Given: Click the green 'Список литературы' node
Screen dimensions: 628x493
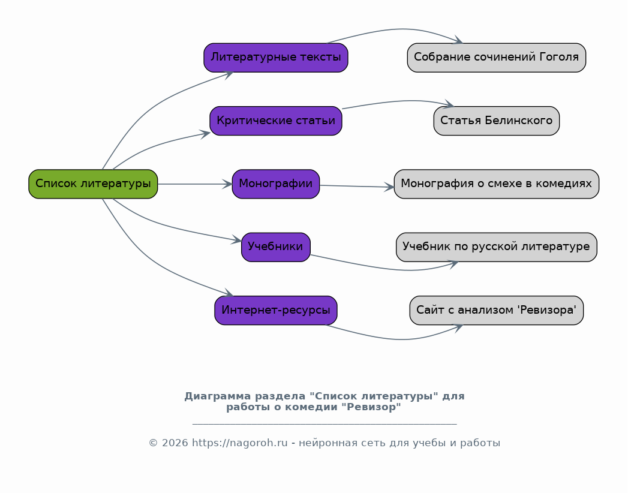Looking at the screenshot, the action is tap(93, 184).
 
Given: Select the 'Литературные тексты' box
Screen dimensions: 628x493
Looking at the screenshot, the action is tap(275, 58).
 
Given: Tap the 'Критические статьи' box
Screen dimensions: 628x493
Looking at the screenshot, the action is tap(275, 121).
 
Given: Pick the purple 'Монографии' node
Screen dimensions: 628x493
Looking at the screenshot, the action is tap(275, 184).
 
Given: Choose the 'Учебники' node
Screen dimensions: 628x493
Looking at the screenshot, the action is tap(275, 247).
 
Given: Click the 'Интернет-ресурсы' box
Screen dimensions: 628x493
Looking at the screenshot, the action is tap(275, 311).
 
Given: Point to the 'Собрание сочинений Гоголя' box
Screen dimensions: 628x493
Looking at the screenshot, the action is tap(496, 58).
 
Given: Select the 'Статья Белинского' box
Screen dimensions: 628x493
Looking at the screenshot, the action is tap(496, 121).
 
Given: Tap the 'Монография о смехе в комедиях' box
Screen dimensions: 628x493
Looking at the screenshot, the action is tap(496, 184).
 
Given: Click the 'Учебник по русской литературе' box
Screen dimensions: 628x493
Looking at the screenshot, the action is tap(496, 247).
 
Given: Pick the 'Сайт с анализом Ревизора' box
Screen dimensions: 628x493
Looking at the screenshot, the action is tap(496, 311).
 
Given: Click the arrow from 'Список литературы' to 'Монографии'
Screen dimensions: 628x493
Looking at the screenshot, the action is tap(195, 184).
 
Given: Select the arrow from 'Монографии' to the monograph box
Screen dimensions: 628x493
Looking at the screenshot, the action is tap(357, 187).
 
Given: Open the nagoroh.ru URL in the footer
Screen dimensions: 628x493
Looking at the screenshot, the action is tap(239, 443).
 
